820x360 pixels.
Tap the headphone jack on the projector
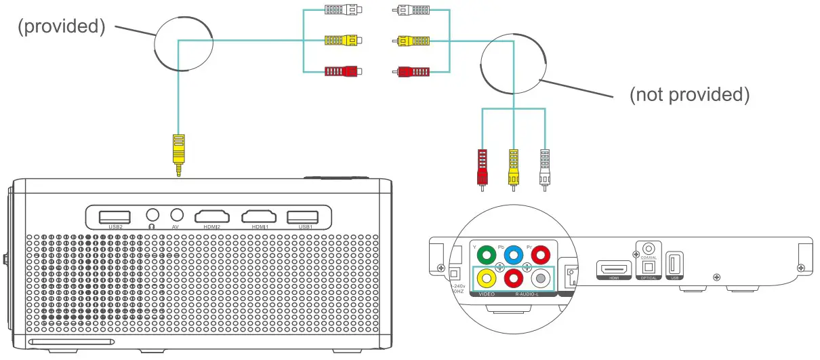[152, 216]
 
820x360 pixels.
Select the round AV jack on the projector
[177, 216]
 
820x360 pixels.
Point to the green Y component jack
[485, 256]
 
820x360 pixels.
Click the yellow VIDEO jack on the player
[485, 279]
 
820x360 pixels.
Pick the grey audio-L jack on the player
[539, 279]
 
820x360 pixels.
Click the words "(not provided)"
[689, 95]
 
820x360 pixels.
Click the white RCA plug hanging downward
[544, 167]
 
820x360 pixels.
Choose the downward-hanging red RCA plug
[483, 167]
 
